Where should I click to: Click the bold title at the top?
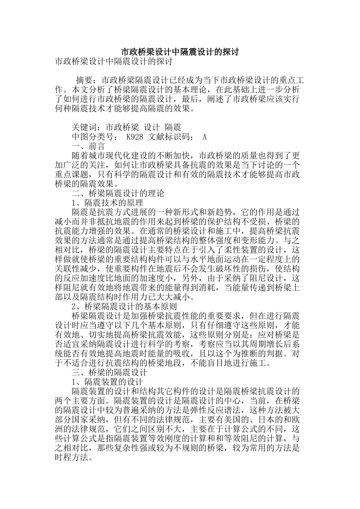click(x=180, y=52)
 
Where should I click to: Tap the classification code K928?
click(x=135, y=137)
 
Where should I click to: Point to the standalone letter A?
click(x=205, y=137)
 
